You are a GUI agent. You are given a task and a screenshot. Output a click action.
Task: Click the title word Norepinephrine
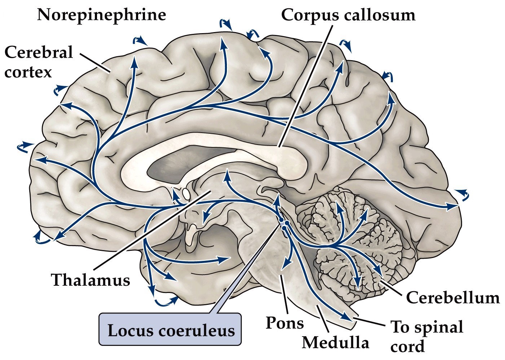(x=101, y=15)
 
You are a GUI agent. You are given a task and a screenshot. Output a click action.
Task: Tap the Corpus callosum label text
(x=348, y=15)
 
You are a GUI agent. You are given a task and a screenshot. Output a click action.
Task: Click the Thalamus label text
(x=91, y=280)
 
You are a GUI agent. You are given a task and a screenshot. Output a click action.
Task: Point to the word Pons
(x=284, y=323)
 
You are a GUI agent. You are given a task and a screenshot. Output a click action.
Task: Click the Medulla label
(x=335, y=342)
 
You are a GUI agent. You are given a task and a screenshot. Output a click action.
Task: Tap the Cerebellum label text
(x=453, y=298)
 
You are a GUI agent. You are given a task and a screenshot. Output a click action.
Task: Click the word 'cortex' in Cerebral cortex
(x=28, y=72)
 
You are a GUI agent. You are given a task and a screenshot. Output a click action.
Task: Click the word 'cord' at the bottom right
(x=407, y=346)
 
